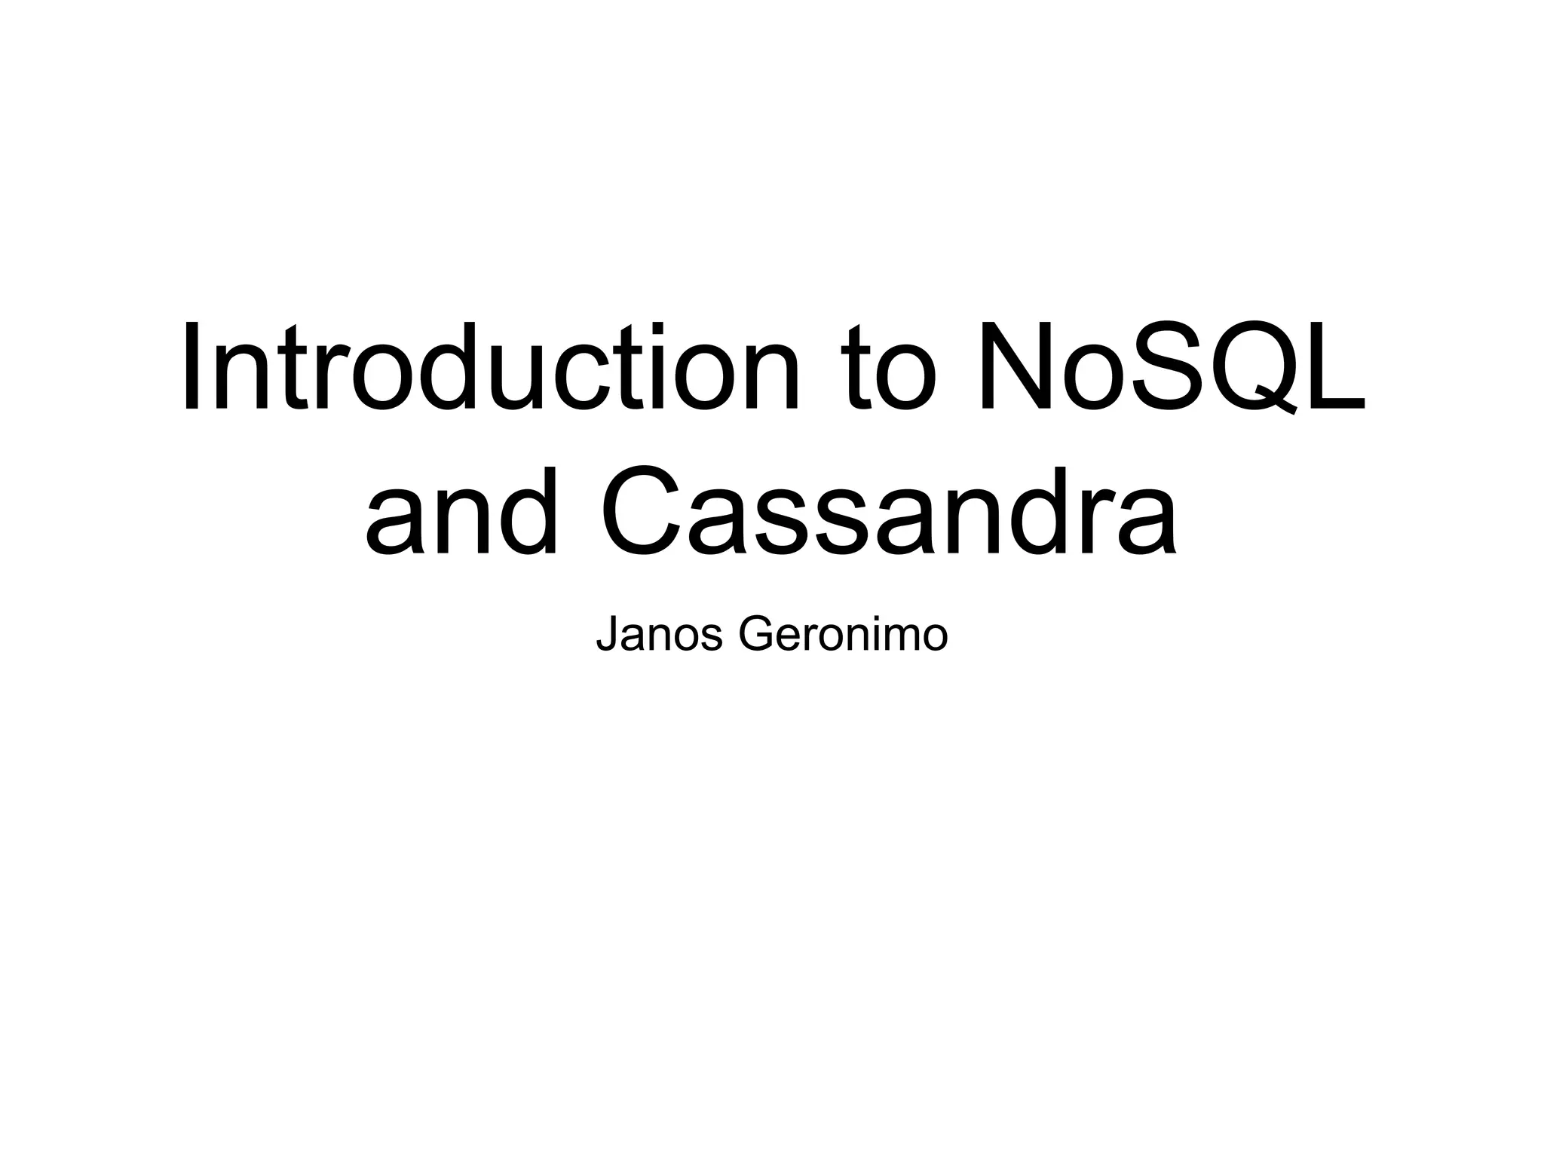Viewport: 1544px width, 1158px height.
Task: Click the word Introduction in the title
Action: tap(490, 367)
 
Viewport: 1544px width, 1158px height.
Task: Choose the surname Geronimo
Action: tap(842, 635)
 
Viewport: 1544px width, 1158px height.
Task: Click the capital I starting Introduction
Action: tap(191, 367)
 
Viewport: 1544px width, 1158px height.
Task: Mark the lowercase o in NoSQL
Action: tap(1093, 377)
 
